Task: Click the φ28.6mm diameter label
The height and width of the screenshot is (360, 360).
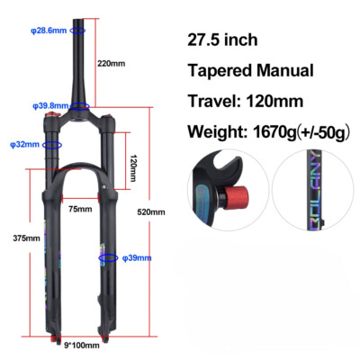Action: click(x=49, y=31)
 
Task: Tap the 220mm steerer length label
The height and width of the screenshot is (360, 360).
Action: click(x=111, y=63)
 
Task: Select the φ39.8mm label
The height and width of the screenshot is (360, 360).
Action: click(x=50, y=105)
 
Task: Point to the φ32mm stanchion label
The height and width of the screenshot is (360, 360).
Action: click(x=24, y=144)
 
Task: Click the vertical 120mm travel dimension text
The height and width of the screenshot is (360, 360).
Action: click(x=132, y=168)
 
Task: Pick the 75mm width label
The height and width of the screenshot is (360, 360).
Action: click(x=80, y=209)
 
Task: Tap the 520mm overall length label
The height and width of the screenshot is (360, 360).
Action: click(x=151, y=212)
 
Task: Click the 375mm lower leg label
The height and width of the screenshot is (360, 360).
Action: click(x=26, y=238)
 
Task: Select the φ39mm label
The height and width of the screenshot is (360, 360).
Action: click(x=137, y=257)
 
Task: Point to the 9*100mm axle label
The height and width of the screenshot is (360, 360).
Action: click(x=82, y=346)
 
